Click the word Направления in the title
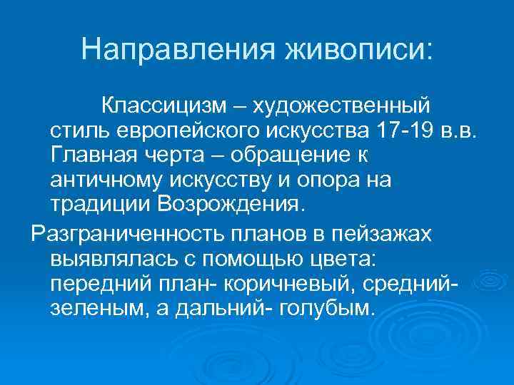coord(179,49)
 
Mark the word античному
coord(101,180)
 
